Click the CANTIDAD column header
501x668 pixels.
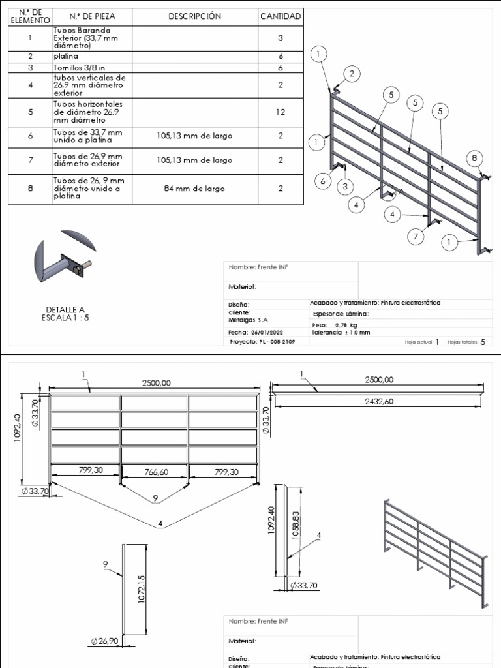click(281, 16)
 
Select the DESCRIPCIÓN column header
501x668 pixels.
click(194, 16)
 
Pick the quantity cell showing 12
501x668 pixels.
click(281, 112)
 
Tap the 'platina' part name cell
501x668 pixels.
click(91, 57)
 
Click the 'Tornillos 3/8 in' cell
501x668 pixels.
click(91, 67)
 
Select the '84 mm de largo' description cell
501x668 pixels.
click(194, 189)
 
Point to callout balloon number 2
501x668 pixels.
click(352, 74)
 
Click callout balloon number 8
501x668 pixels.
click(474, 157)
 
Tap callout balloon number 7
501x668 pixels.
click(416, 237)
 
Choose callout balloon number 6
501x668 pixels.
click(323, 182)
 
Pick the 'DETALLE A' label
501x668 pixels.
click(65, 309)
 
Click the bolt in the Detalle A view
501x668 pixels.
click(83, 267)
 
